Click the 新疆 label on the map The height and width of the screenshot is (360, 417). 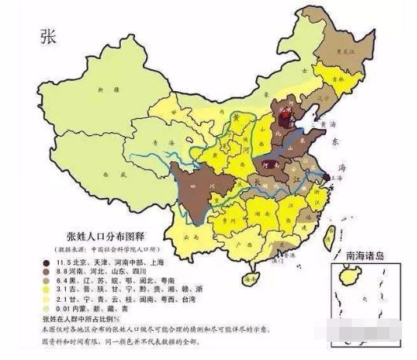click(101, 92)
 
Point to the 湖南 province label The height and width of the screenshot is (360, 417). click(258, 209)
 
